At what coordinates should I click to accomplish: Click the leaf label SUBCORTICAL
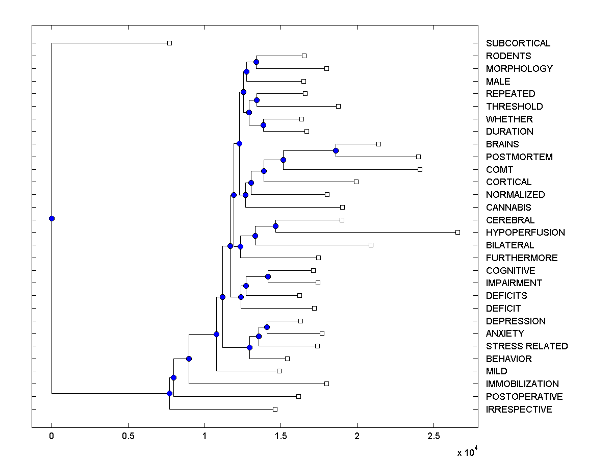[x=518, y=43]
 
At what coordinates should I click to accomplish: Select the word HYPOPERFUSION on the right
[x=525, y=233]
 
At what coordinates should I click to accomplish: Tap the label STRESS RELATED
[x=526, y=346]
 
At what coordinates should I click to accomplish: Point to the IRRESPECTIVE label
[x=519, y=410]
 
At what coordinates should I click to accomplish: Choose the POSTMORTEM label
[x=519, y=157]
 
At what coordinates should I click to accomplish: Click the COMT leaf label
[x=499, y=170]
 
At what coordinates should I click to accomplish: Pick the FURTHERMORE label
[x=522, y=258]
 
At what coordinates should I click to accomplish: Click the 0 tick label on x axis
[x=52, y=437]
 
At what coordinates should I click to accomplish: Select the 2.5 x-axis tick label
[x=433, y=437]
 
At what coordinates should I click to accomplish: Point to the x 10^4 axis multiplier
[x=466, y=451]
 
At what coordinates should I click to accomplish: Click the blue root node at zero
[x=52, y=218]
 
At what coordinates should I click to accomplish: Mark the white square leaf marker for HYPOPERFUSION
[x=457, y=232]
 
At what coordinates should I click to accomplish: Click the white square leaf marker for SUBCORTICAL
[x=170, y=43]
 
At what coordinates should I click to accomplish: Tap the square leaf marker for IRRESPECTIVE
[x=275, y=409]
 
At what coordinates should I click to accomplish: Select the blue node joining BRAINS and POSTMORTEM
[x=336, y=150]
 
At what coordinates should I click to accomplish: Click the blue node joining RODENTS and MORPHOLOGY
[x=256, y=62]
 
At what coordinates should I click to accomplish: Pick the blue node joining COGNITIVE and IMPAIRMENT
[x=268, y=276]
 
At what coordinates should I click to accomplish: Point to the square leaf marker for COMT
[x=420, y=169]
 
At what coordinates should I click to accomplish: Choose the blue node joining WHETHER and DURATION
[x=263, y=125]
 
